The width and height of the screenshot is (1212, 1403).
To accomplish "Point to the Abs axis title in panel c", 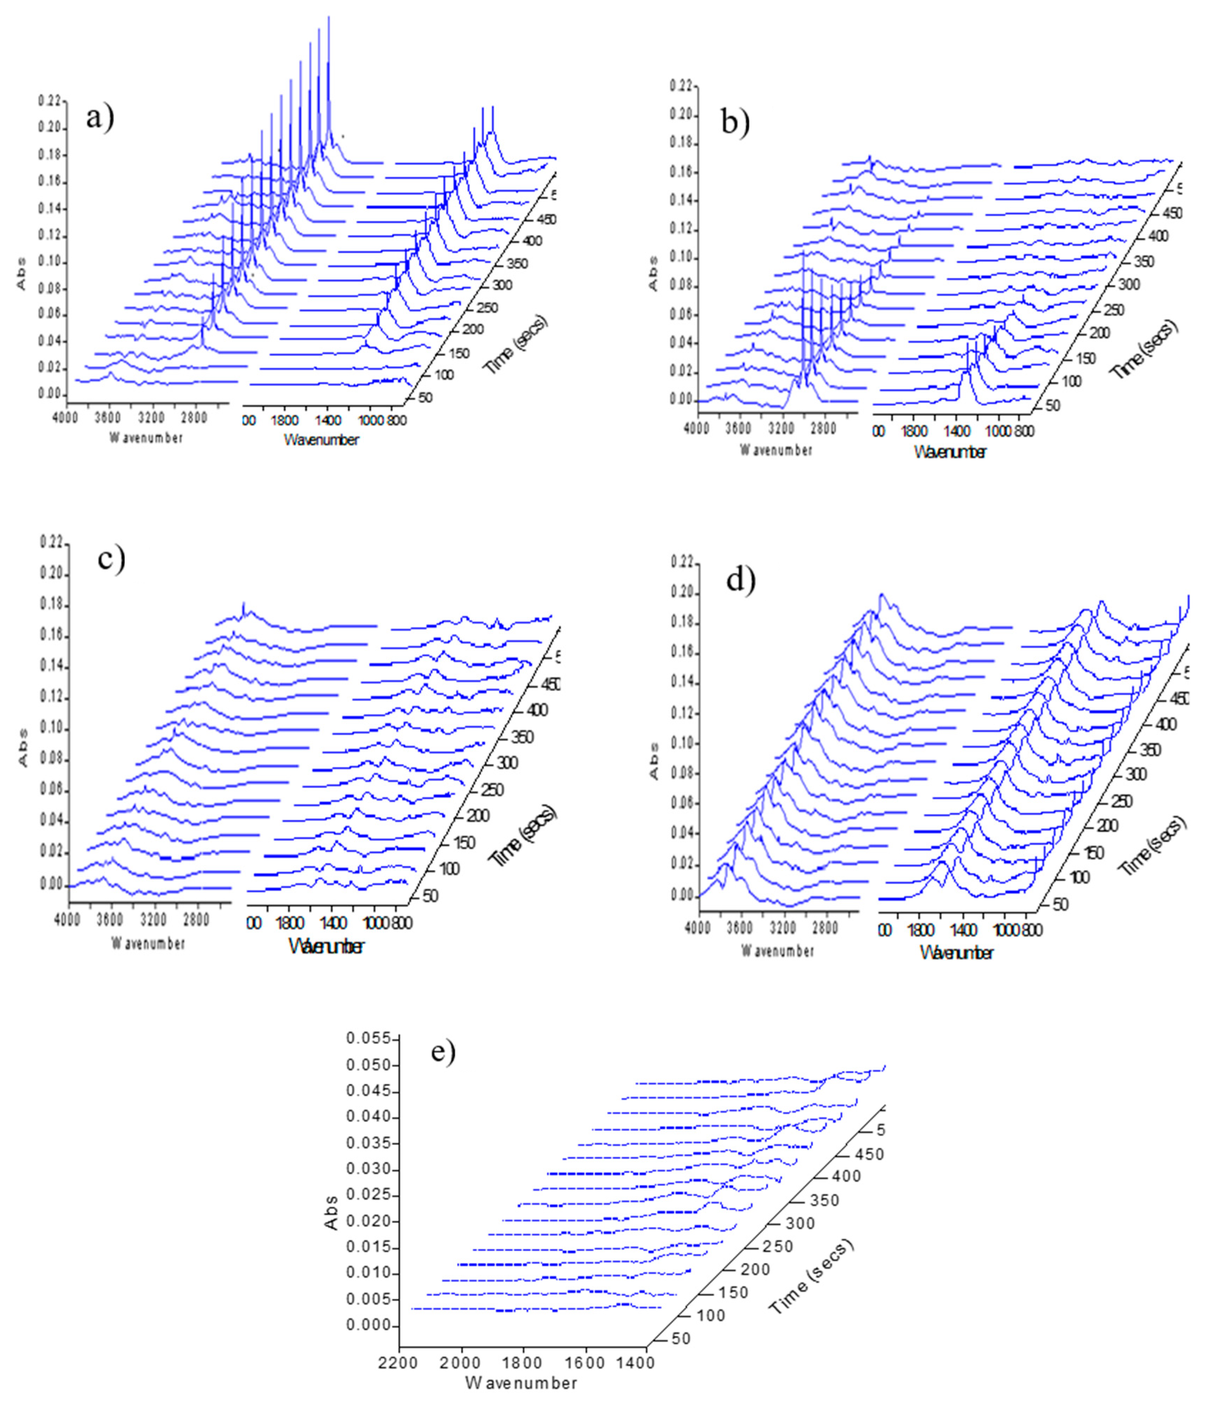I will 25,748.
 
